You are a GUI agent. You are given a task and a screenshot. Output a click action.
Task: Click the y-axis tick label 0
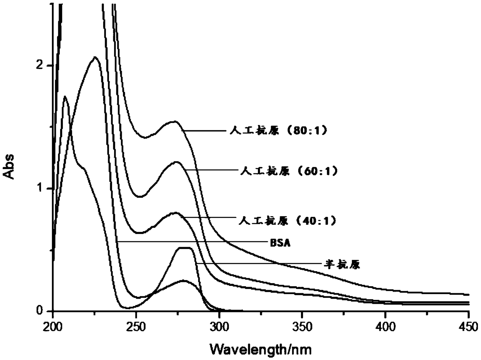coord(39,310)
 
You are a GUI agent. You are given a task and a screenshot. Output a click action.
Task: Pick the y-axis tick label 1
coord(40,188)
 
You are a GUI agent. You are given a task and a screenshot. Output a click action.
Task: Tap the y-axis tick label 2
coord(39,65)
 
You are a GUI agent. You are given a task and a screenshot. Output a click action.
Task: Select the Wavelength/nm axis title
coord(261,350)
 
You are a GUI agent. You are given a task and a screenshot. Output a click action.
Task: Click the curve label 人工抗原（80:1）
coord(279,131)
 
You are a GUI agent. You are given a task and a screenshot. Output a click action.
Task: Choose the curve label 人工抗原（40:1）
coord(287,221)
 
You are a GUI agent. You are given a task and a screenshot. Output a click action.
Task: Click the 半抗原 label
coord(342,265)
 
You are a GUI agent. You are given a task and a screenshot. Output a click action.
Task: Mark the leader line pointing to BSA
coord(192,242)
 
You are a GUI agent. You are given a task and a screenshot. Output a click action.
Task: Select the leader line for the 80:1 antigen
coord(204,131)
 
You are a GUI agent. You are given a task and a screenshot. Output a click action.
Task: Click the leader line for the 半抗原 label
coord(259,263)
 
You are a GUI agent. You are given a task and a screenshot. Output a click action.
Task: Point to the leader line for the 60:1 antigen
coord(212,170)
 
